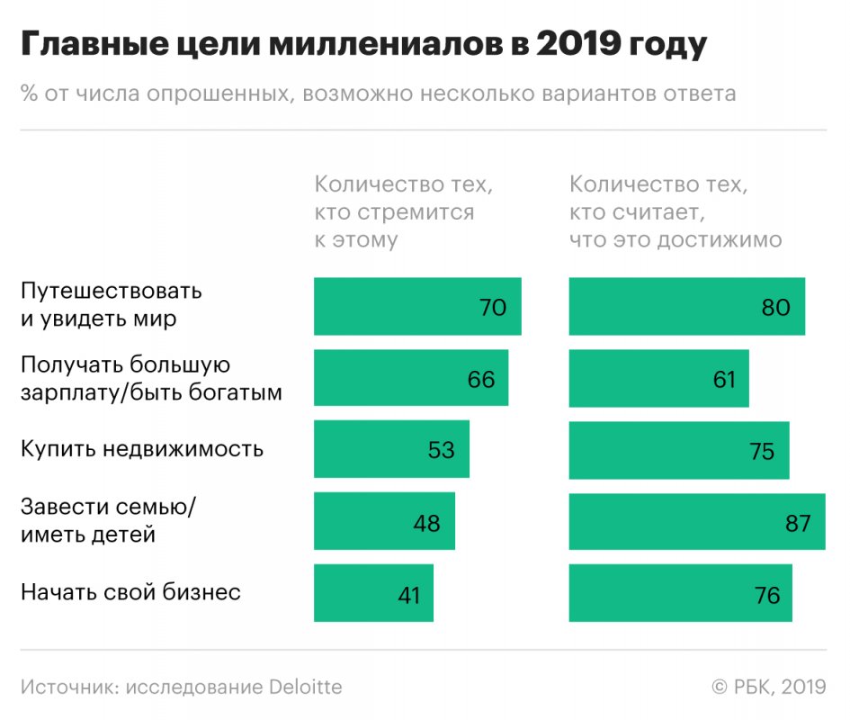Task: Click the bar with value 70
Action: pyautogui.click(x=417, y=307)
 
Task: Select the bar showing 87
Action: pyautogui.click(x=697, y=521)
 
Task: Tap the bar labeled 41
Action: pyautogui.click(x=373, y=593)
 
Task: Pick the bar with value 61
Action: pyautogui.click(x=658, y=379)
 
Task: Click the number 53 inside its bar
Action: pyautogui.click(x=441, y=450)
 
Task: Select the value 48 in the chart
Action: pyautogui.click(x=426, y=522)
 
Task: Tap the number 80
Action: pyautogui.click(x=774, y=308)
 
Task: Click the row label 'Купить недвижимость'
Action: pyautogui.click(x=142, y=449)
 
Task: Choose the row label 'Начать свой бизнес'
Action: pyautogui.click(x=130, y=592)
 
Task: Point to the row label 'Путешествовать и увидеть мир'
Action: pyautogui.click(x=112, y=305)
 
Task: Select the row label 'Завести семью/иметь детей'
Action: pyautogui.click(x=108, y=520)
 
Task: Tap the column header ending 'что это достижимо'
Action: pyautogui.click(x=676, y=212)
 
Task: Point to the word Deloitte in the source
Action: pyautogui.click(x=306, y=687)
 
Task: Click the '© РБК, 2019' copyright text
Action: pyautogui.click(x=768, y=687)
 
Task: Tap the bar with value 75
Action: pyautogui.click(x=679, y=450)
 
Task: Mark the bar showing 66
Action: pyautogui.click(x=411, y=379)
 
